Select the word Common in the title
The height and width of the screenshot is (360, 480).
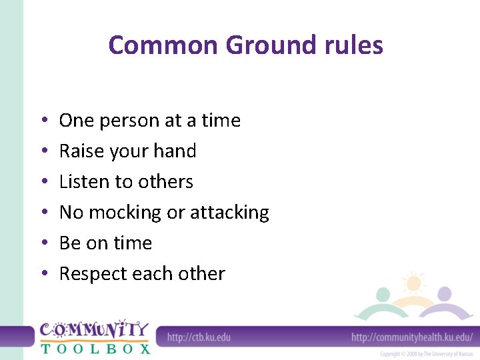[x=163, y=45]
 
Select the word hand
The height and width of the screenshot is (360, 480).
[x=174, y=151]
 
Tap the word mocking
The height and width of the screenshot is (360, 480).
[x=125, y=213]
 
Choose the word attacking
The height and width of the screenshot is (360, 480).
[x=229, y=213]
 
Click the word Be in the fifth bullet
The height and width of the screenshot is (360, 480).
[x=69, y=243]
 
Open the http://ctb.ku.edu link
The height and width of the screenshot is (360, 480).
[x=199, y=337]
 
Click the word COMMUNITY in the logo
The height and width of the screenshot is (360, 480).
[x=94, y=330]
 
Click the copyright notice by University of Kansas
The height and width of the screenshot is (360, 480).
[x=426, y=354]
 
